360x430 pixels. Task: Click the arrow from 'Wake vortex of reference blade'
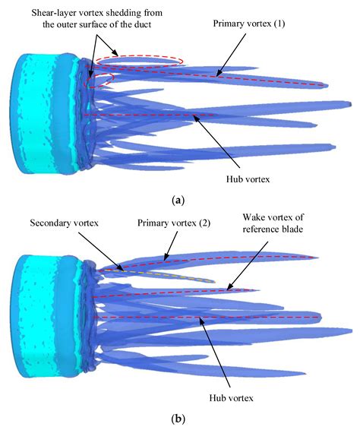pos(255,265)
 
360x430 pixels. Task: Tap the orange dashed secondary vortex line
pos(175,277)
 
